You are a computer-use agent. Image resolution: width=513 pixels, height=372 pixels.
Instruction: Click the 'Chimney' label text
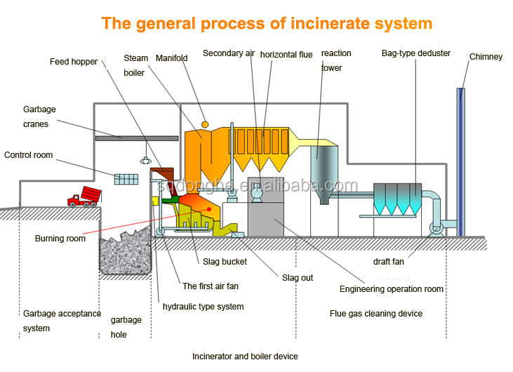click(486, 57)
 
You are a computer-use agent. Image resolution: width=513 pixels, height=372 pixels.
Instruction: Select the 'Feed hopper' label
click(74, 62)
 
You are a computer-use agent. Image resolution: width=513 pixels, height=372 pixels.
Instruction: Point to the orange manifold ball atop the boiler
click(205, 124)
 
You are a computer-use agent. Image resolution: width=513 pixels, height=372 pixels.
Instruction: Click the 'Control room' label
click(28, 155)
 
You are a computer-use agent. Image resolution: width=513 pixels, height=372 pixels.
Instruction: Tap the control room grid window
click(126, 179)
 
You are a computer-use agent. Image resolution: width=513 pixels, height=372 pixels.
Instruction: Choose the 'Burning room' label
click(60, 239)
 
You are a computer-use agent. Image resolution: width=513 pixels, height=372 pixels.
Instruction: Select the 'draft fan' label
click(388, 262)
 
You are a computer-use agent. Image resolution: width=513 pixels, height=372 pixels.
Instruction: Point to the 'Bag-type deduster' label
click(415, 53)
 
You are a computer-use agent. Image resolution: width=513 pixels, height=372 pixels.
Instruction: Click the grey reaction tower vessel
click(324, 172)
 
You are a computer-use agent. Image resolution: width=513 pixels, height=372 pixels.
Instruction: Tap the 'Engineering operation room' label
click(392, 289)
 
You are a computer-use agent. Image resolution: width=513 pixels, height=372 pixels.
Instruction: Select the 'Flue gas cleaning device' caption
click(376, 314)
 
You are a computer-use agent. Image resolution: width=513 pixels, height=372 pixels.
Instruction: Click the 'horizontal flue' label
click(286, 54)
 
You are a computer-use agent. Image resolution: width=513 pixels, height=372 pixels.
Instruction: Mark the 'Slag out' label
click(298, 278)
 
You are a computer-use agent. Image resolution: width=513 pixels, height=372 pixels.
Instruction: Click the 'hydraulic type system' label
click(204, 307)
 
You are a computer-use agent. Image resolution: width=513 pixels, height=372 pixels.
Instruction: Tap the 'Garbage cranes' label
click(39, 116)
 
